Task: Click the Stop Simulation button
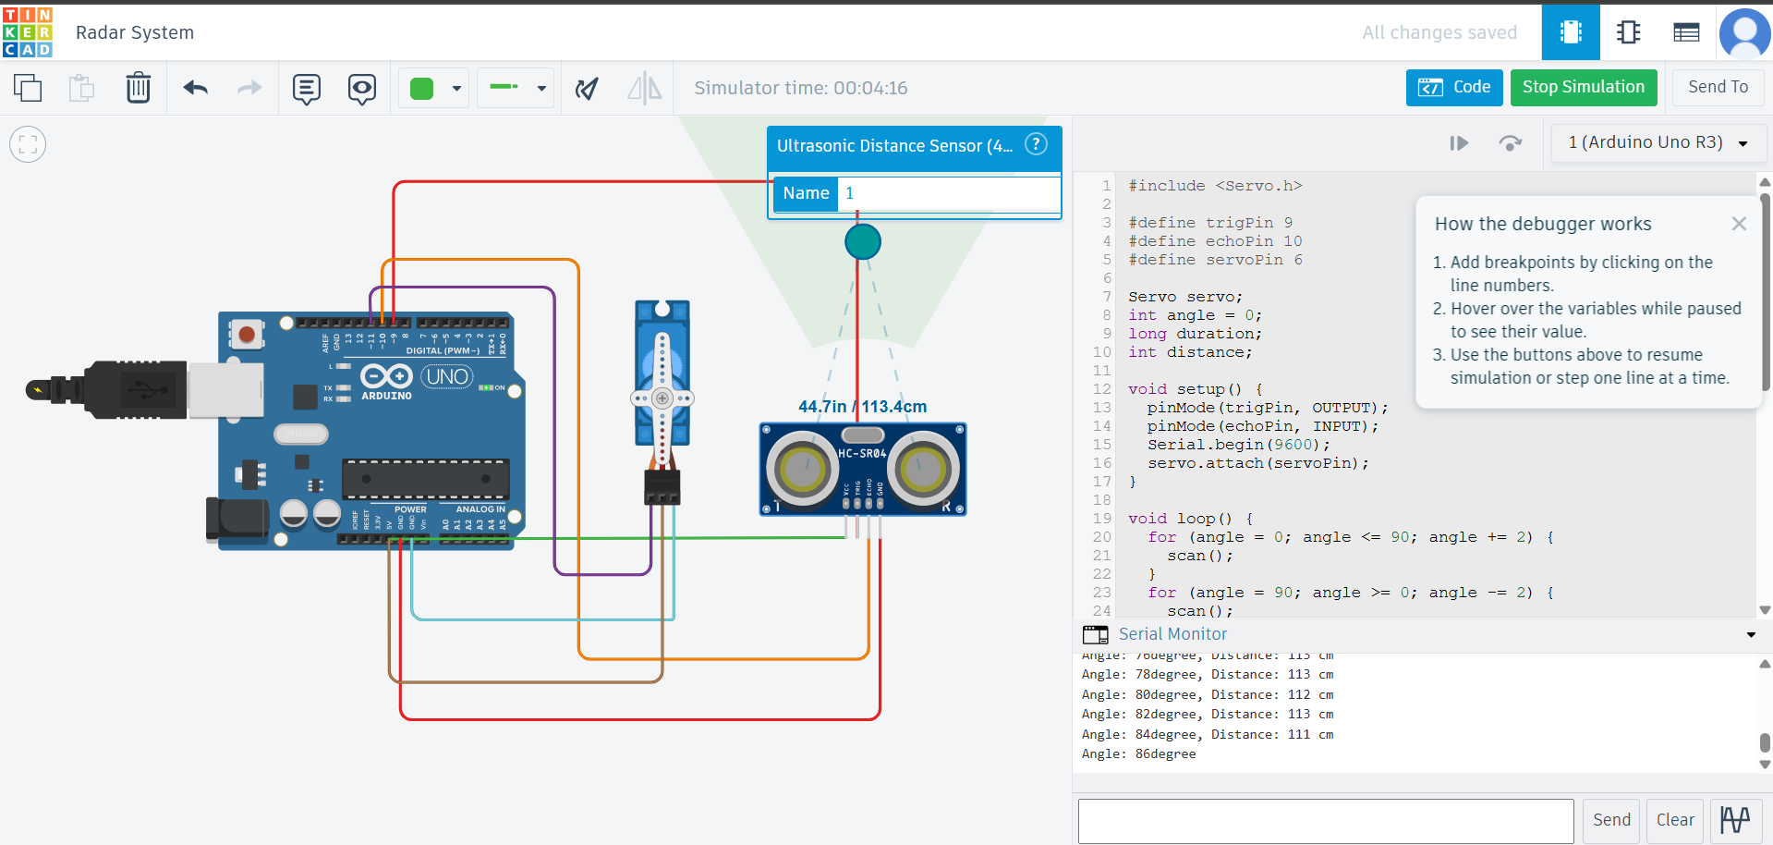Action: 1583,87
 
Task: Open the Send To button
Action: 1717,87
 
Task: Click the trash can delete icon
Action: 138,88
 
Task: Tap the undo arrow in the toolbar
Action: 195,88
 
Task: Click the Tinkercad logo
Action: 28,32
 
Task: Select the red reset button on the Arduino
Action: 247,333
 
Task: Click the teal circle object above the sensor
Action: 862,242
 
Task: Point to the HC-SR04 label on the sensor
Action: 862,453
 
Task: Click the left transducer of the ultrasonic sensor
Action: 801,470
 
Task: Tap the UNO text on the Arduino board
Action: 448,376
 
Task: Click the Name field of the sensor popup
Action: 948,193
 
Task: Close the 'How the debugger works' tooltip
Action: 1738,224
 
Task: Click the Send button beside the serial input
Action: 1611,820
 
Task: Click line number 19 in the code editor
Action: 1102,519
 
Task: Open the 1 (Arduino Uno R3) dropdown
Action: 1658,142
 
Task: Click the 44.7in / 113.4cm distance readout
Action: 862,407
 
